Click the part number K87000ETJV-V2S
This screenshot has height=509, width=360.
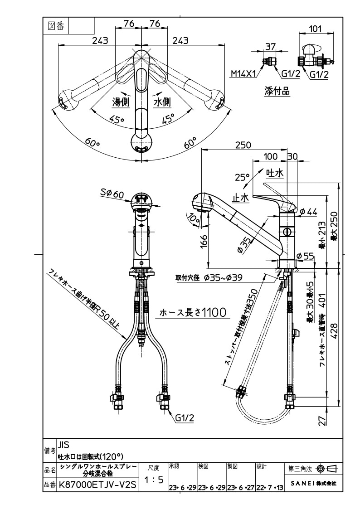coord(97,485)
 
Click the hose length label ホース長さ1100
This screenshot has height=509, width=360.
coord(193,312)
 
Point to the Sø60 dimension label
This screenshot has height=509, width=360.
coord(112,194)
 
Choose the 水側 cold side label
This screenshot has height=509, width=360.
coord(162,102)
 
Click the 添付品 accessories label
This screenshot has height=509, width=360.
coord(277,91)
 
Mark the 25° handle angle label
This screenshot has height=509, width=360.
coord(242,177)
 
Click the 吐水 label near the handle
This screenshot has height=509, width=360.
coord(274,173)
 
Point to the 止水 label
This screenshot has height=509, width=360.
coord(241,198)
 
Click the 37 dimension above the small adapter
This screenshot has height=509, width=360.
coord(271,46)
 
